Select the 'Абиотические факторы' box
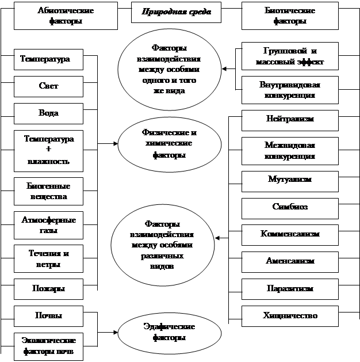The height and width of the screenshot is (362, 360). tap(66, 16)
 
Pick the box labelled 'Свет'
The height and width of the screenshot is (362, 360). tap(48, 86)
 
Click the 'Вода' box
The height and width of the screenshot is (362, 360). tap(48, 113)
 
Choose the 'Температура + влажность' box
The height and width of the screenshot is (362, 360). tap(48, 150)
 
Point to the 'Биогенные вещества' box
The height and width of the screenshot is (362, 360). tap(48, 192)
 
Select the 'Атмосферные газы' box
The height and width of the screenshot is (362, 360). tap(48, 225)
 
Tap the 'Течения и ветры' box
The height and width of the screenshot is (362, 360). tap(48, 259)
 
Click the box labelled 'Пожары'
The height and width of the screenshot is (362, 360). tap(48, 288)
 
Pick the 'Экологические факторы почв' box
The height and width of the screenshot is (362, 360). tap(48, 346)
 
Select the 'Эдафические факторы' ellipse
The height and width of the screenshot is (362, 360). tap(168, 332)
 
